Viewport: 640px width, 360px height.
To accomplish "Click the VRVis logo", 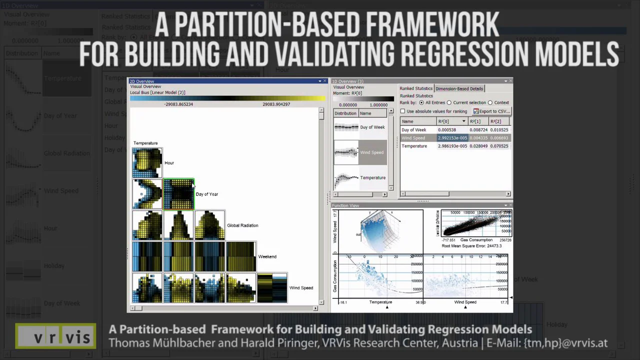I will click(x=55, y=336).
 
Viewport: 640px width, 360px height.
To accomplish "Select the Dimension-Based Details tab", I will click(x=459, y=88).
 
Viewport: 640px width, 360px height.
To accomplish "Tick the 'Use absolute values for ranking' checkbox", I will click(x=403, y=111).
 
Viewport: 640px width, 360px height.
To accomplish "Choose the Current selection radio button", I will click(x=449, y=102).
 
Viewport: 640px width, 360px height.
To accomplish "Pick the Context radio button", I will click(x=490, y=102).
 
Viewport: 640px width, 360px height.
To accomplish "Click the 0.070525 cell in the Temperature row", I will click(x=498, y=146).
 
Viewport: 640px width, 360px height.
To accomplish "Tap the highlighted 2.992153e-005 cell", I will click(x=452, y=138).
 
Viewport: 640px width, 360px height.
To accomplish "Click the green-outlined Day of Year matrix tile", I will click(x=178, y=194).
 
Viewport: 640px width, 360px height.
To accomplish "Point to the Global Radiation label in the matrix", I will click(x=242, y=225).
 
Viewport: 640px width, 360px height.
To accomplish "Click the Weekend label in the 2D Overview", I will click(x=267, y=256).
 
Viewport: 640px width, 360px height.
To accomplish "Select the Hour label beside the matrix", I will click(x=169, y=163).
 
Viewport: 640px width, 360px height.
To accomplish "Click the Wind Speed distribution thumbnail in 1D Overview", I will click(x=346, y=152).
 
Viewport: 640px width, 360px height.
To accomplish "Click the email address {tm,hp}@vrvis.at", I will click(x=565, y=343).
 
